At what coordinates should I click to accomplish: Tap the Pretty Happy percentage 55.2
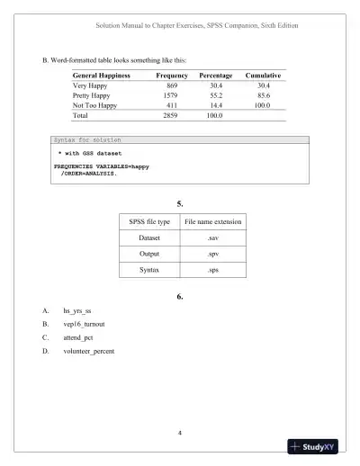pos(216,94)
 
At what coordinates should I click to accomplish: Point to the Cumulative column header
pos(264,75)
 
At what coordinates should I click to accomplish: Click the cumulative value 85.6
pos(264,94)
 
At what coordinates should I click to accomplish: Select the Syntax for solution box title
pos(88,140)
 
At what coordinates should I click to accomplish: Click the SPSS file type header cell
pos(149,221)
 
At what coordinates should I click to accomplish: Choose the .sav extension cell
pos(212,237)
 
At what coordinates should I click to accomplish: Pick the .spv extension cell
pos(212,254)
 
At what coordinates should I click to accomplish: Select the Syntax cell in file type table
pos(149,270)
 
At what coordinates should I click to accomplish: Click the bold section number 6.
pos(179,296)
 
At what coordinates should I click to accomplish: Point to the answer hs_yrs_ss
pos(77,311)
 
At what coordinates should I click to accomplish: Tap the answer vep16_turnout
pos(84,325)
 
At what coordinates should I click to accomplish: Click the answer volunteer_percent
pos(88,350)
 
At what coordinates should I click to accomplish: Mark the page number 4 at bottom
pos(180,434)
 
